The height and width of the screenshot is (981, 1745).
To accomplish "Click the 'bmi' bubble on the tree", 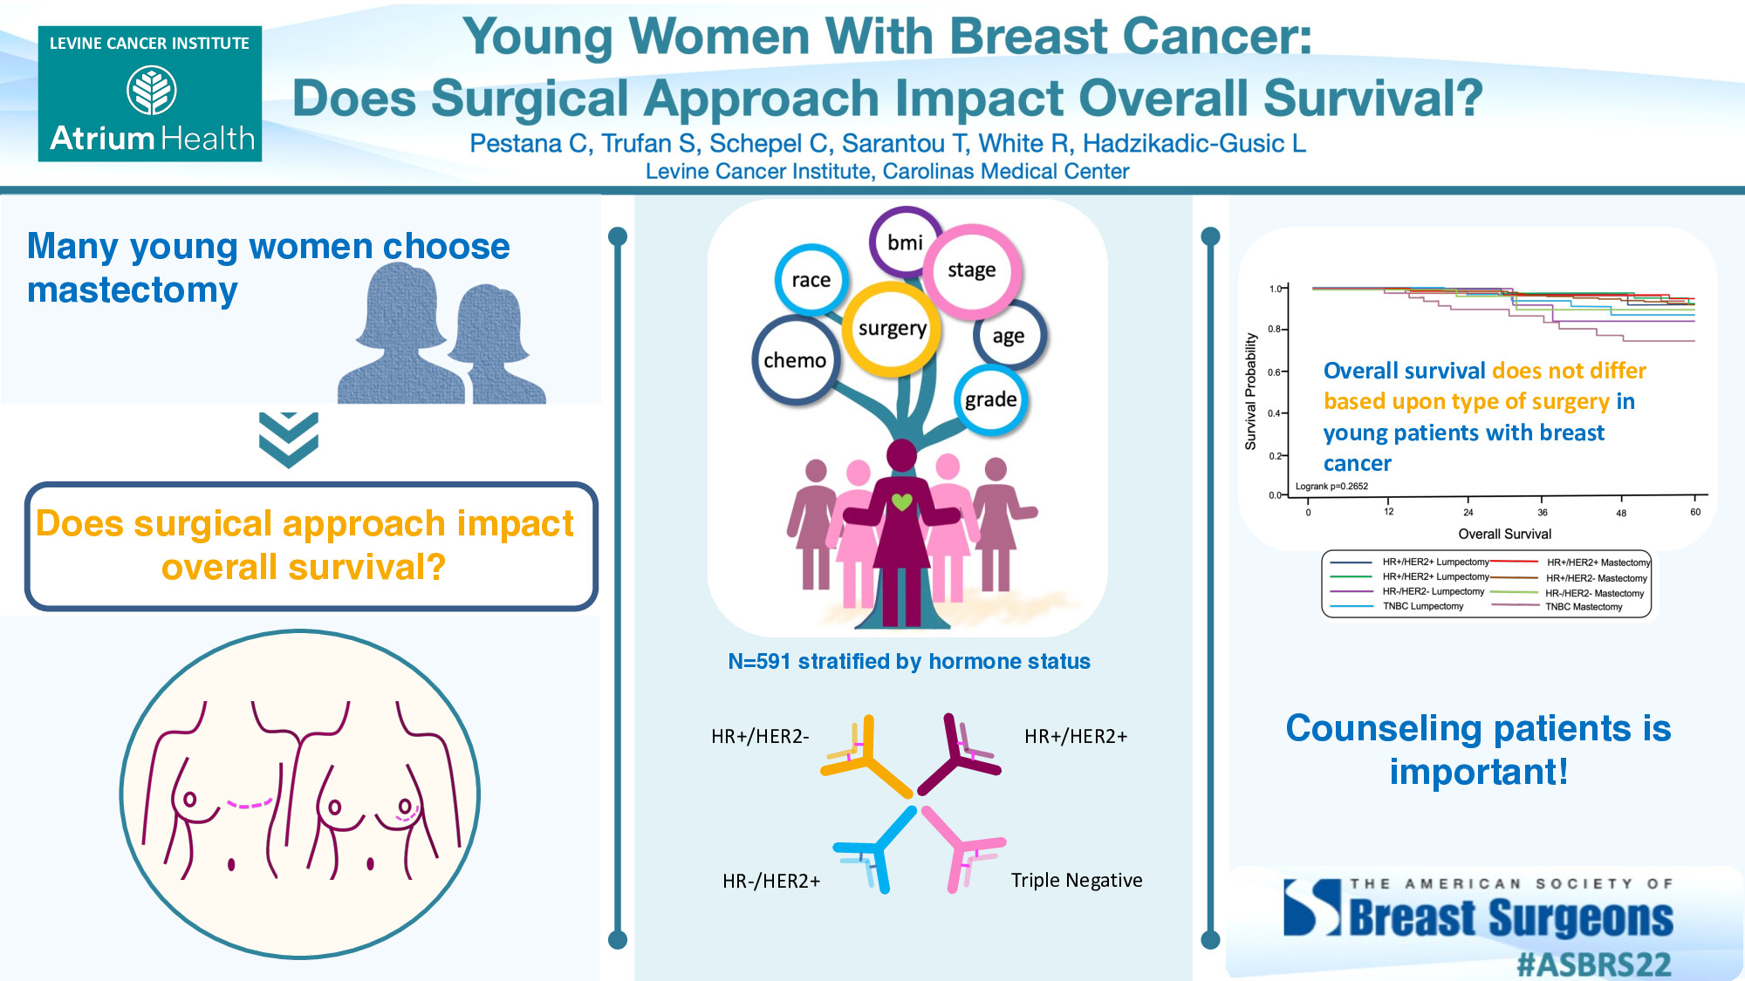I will (905, 242).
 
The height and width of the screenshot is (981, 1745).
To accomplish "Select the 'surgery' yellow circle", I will (892, 329).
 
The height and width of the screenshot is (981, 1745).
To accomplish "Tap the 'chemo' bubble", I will (795, 360).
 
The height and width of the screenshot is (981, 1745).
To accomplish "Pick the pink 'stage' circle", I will (971, 270).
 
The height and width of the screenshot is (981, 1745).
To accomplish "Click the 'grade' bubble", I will (990, 399).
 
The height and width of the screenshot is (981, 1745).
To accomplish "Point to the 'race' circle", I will (811, 280).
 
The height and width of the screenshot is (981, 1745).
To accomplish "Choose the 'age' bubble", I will (1008, 336).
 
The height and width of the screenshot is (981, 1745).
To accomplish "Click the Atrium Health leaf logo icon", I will (151, 92).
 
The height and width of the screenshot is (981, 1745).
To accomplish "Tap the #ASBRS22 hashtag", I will (1593, 964).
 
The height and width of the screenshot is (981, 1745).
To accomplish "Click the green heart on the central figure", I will (901, 501).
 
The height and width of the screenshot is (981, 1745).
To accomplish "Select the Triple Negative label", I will (1076, 880).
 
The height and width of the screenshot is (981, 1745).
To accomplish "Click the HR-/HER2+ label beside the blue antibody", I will (771, 881).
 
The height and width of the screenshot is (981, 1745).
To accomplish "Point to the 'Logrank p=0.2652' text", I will (1331, 487).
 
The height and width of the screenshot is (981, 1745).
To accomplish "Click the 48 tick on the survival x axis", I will (1620, 513).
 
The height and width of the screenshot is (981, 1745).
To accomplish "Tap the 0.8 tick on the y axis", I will (1274, 329).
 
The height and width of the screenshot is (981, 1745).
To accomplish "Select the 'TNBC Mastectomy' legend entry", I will (1583, 607).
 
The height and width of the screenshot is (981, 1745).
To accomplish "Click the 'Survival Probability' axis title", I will (1250, 392).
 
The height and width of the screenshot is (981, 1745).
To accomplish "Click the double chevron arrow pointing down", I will (289, 439).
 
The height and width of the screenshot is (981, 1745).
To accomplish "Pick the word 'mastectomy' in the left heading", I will (133, 290).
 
